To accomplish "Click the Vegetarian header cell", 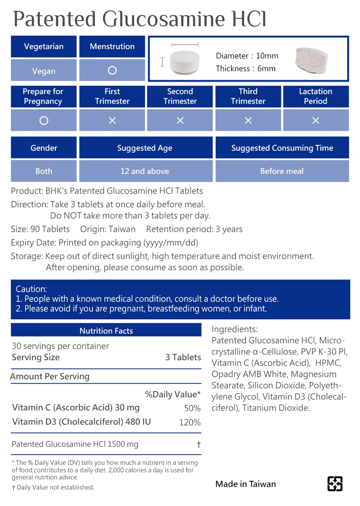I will [44, 47].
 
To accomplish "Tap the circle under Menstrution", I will [112, 70].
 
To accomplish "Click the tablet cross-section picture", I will [312, 60].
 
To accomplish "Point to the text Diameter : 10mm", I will [247, 56].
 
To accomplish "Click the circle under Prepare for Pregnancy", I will [44, 120].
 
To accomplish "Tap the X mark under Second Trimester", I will [180, 120].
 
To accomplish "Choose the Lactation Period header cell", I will [315, 96].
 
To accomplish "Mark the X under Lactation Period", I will [315, 120].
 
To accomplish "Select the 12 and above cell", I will [145, 171].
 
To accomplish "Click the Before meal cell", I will [282, 171].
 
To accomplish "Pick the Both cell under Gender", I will [44, 171].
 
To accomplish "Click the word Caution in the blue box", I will [31, 289].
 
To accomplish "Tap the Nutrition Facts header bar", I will [106, 331].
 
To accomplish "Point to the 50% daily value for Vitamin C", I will [192, 408].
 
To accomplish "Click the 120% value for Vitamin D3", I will [190, 423].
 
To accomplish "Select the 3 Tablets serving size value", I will [183, 357].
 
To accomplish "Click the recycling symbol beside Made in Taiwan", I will [334, 484].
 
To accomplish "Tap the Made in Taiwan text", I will [246, 484].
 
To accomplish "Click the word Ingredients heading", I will [234, 329].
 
